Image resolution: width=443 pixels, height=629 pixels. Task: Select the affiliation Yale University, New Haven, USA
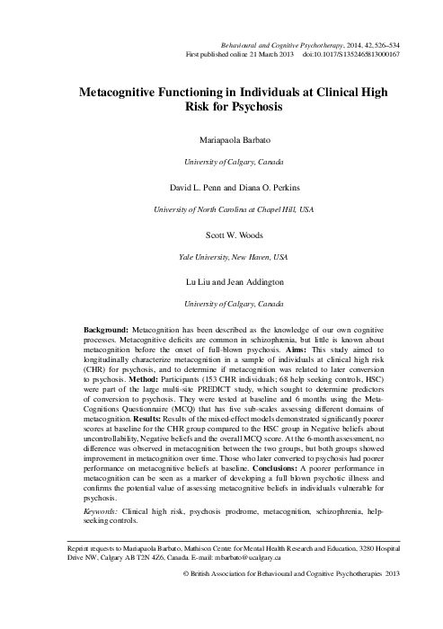(221, 257)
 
